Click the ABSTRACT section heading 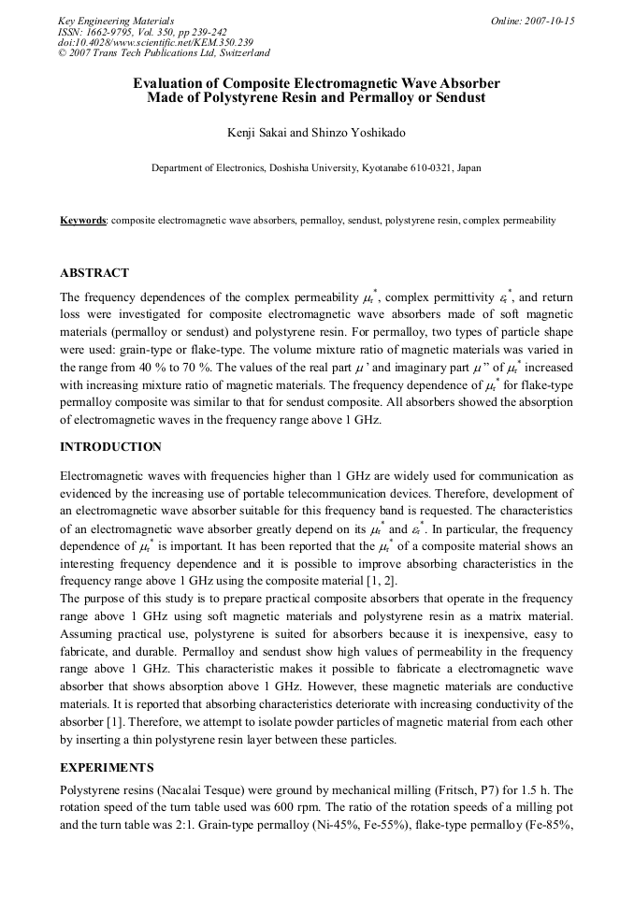(x=94, y=273)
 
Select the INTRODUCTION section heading (x=110, y=447)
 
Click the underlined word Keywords (x=83, y=221)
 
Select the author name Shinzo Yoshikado (x=360, y=133)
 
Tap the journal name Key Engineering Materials (x=115, y=21)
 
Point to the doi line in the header (x=155, y=42)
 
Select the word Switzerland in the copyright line (x=242, y=53)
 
